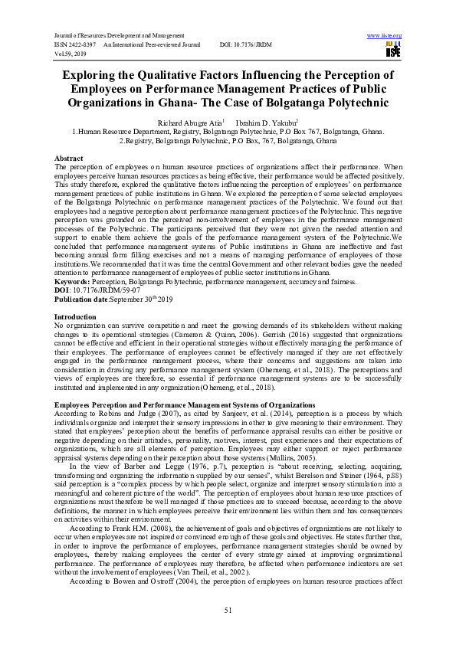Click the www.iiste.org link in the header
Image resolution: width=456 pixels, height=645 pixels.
pyautogui.click(x=385, y=36)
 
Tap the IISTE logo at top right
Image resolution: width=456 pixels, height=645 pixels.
pyautogui.click(x=392, y=50)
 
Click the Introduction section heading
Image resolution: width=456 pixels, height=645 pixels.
pyautogui.click(x=75, y=294)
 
